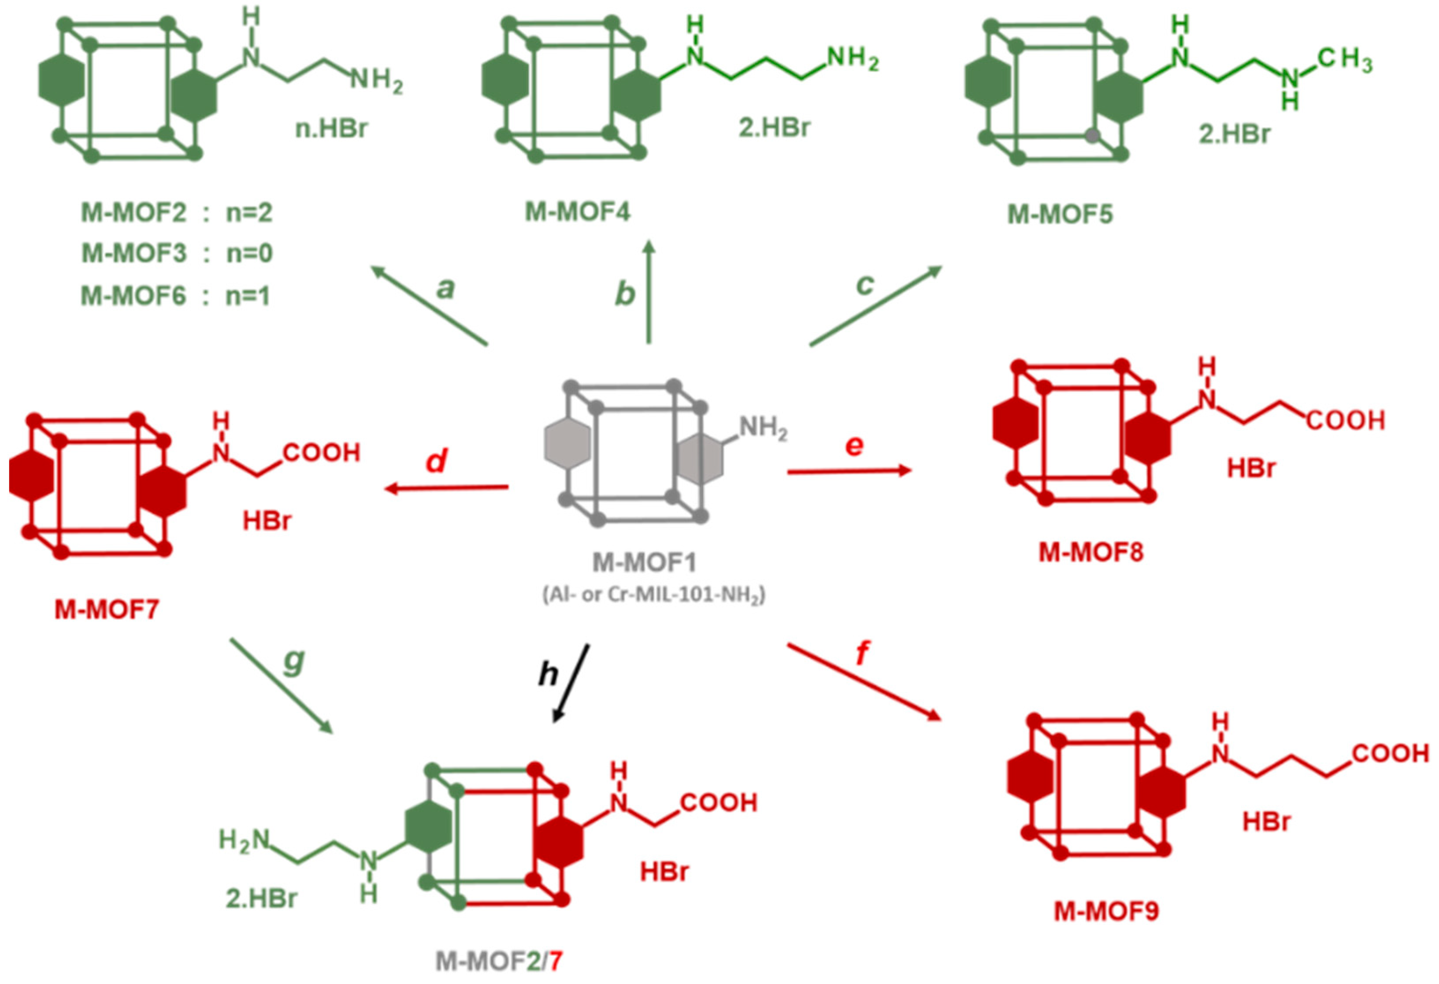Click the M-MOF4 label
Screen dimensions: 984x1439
[577, 212]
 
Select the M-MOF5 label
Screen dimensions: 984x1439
[1060, 214]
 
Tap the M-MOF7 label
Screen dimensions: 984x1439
[107, 610]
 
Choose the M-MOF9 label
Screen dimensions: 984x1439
[1106, 911]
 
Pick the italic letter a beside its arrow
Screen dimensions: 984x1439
[445, 288]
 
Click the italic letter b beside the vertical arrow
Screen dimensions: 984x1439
[625, 293]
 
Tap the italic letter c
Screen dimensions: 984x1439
[864, 284]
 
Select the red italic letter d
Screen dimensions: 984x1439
[437, 461]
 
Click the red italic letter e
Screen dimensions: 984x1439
[854, 445]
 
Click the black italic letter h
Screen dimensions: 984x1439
[549, 674]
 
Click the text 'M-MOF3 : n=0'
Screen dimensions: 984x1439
[177, 253]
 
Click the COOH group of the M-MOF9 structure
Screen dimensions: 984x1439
[1390, 754]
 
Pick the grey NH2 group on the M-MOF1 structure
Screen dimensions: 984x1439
[763, 428]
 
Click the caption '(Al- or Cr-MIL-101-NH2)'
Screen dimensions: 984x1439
[654, 595]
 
